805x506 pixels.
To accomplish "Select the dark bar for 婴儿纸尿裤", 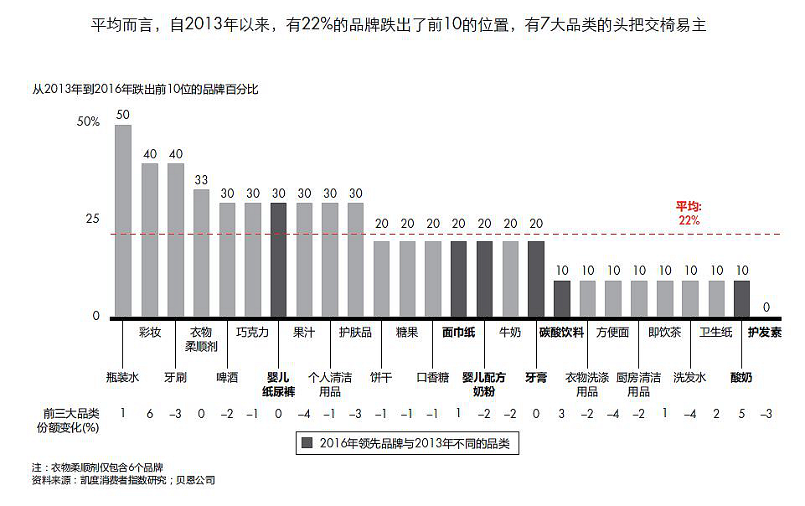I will pyautogui.click(x=278, y=260).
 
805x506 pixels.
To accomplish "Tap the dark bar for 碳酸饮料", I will pyautogui.click(x=562, y=298).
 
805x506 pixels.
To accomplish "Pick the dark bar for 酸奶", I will pyautogui.click(x=741, y=298).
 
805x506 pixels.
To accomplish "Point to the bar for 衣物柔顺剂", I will pyautogui.click(x=201, y=253).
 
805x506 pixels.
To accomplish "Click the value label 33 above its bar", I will pyautogui.click(x=201, y=179).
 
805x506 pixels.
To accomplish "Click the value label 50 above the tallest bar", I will pyautogui.click(x=123, y=115).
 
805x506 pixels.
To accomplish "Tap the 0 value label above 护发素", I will pyautogui.click(x=766, y=307).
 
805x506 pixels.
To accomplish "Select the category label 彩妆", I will pyautogui.click(x=149, y=333).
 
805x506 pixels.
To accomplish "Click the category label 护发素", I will pyautogui.click(x=765, y=333).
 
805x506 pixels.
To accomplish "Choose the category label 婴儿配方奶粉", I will pyautogui.click(x=484, y=384).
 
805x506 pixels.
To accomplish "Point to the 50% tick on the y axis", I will pyautogui.click(x=88, y=121).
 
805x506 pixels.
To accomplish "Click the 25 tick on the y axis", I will pyautogui.click(x=92, y=219).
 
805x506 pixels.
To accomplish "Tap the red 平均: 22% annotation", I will pyautogui.click(x=689, y=213).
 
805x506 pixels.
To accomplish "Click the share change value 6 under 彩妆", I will pyautogui.click(x=149, y=413).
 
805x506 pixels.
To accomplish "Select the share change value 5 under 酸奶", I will pyautogui.click(x=741, y=413).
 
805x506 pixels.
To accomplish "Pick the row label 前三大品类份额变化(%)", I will pyautogui.click(x=71, y=419).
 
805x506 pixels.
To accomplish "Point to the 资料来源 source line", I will pyautogui.click(x=123, y=481).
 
